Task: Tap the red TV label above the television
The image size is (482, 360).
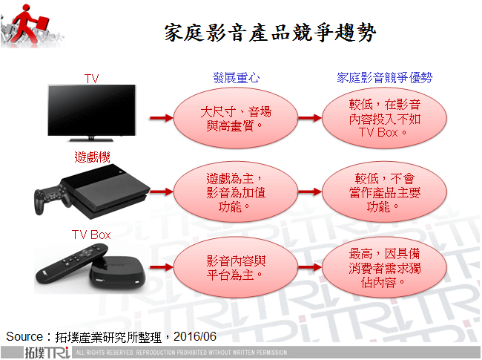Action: point(91,77)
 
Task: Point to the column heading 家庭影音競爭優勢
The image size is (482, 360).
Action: point(385,77)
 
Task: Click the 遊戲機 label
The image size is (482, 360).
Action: point(90,157)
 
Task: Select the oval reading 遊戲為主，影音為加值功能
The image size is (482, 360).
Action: point(236,192)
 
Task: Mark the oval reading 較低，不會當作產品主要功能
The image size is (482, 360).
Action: point(384,192)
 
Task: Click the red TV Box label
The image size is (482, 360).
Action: point(91,235)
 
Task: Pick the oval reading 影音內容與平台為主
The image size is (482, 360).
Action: point(236,268)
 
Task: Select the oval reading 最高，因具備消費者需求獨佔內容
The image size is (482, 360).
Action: point(384,268)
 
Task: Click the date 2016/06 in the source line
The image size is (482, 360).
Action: point(196,336)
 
